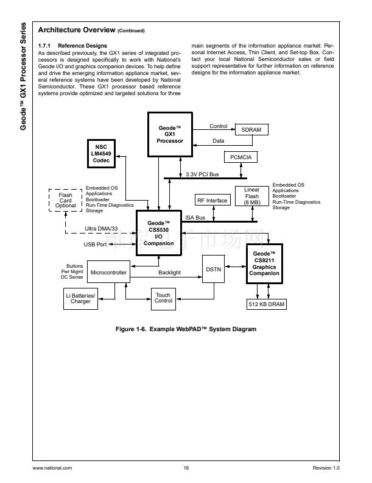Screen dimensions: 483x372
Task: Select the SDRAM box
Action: (x=251, y=129)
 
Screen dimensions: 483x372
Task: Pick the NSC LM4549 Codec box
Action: (x=101, y=154)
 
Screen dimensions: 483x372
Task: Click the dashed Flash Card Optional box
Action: (x=65, y=201)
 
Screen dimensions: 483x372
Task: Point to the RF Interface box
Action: (x=212, y=201)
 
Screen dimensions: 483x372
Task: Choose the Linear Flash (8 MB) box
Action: (x=251, y=196)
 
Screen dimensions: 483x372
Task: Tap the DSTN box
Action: (x=213, y=268)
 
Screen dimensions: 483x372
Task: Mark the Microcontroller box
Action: (x=107, y=273)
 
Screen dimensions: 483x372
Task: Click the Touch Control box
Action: (x=163, y=298)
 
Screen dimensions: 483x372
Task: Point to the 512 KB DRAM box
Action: (x=267, y=304)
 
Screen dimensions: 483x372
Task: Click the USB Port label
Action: (x=95, y=245)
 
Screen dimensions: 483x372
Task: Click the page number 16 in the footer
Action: (x=186, y=468)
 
